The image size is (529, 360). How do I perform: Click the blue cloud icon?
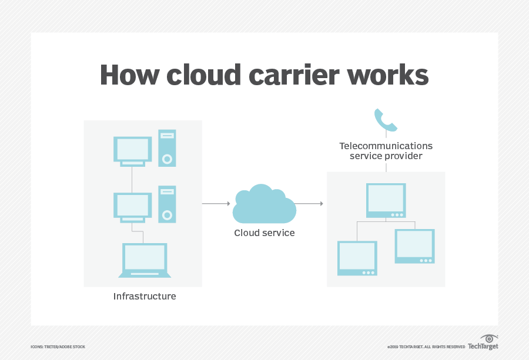(264, 203)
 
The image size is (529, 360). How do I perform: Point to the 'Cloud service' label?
(264, 233)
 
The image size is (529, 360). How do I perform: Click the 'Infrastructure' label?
(145, 297)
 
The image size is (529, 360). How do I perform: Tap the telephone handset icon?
(386, 120)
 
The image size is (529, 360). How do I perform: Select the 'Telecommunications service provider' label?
(386, 151)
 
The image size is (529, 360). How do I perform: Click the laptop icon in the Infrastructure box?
(145, 260)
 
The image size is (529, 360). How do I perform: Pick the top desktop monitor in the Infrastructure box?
(132, 150)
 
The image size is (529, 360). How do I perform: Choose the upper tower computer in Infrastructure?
(167, 148)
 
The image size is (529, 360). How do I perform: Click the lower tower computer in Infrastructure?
(167, 204)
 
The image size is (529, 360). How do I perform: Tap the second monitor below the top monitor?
(132, 207)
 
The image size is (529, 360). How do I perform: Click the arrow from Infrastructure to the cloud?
(216, 203)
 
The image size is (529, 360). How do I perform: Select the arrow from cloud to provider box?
(309, 203)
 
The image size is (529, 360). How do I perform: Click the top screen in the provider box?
(386, 200)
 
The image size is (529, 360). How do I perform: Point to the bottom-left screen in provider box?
(357, 258)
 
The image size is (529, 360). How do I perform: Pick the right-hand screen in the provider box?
(414, 246)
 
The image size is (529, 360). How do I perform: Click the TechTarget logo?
(483, 342)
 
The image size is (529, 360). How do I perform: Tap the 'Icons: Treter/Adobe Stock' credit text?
(58, 346)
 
